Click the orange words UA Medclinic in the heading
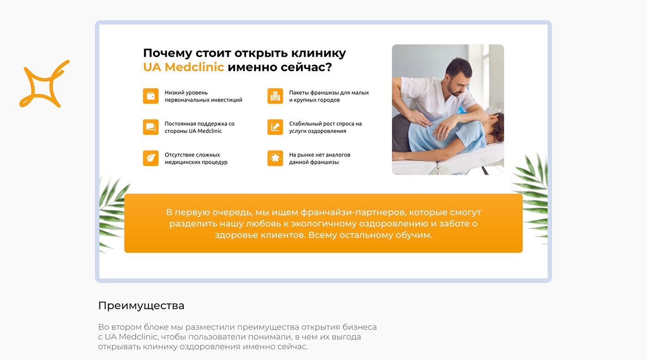coord(183,67)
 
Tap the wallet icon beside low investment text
coord(151,96)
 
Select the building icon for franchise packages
coord(275,96)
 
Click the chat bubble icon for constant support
coord(151,127)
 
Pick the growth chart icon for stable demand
coord(275,127)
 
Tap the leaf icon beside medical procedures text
coord(151,158)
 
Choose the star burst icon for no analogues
coord(275,158)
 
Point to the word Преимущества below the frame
coord(141,305)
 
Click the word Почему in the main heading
coord(167,54)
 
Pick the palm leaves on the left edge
coord(113,214)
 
